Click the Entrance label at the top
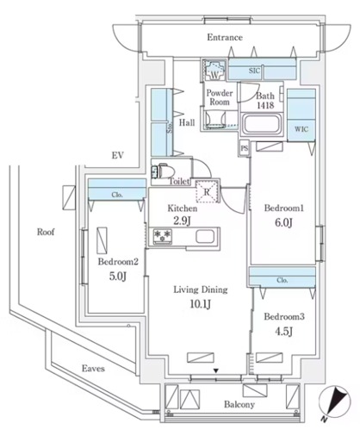(x=225, y=37)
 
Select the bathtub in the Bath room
(x=262, y=124)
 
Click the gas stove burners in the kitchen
(x=163, y=236)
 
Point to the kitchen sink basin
(x=205, y=237)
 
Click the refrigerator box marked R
(x=207, y=191)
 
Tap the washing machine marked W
(x=214, y=71)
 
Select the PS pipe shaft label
(x=245, y=148)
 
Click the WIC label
(x=301, y=129)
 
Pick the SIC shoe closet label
(x=254, y=71)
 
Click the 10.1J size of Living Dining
(x=201, y=304)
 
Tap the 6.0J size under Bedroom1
(x=283, y=222)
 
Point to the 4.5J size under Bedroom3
(x=283, y=332)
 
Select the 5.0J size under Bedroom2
(x=118, y=277)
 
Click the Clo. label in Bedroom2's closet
(x=117, y=195)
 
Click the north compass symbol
(x=334, y=402)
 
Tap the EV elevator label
(x=118, y=156)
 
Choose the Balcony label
(x=239, y=405)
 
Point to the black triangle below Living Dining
(x=216, y=371)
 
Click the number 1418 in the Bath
(x=265, y=105)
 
